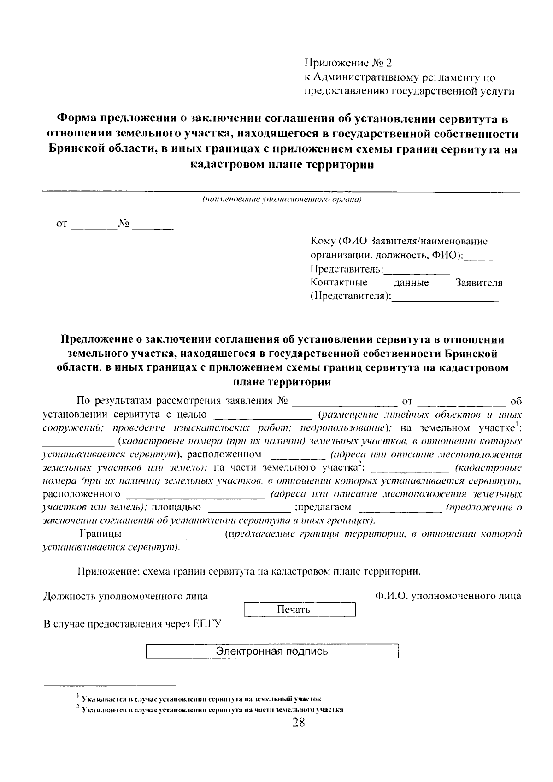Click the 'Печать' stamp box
pos(300,610)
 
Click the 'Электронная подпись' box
pos(272,651)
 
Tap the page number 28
pos(298,723)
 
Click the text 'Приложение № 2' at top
pos(350,63)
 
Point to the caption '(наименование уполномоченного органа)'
pos(281,200)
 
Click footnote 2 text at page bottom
pos(212,710)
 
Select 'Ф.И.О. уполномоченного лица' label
pos(448,596)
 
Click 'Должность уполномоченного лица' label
pos(125,596)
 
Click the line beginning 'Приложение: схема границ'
pos(249,572)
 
